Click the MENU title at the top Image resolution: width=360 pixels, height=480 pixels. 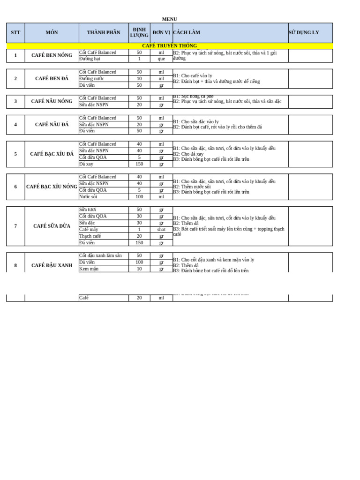(x=169, y=19)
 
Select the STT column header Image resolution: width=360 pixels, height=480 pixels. (x=15, y=33)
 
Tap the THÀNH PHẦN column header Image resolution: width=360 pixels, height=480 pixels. (x=104, y=33)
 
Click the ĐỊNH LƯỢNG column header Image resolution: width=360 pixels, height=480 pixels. (x=139, y=32)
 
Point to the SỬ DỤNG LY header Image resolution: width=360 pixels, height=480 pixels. (x=304, y=33)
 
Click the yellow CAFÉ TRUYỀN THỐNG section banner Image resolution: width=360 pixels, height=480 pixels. (x=169, y=46)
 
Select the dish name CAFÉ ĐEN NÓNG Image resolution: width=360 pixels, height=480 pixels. (x=52, y=55)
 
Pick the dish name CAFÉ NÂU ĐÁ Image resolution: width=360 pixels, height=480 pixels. (x=52, y=125)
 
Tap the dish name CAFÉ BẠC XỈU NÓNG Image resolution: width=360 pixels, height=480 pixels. (x=52, y=187)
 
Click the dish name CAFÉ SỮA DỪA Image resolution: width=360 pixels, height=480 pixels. (x=52, y=226)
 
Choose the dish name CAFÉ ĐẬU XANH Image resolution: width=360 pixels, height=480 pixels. (x=52, y=265)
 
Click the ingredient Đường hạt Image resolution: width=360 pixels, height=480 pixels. (x=90, y=59)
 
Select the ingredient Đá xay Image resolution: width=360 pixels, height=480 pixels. (x=86, y=164)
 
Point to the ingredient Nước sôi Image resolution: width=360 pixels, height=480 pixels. (x=88, y=197)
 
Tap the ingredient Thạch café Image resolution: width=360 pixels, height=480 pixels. (x=90, y=236)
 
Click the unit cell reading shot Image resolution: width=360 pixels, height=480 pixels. (x=161, y=230)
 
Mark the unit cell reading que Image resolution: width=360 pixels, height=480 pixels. (x=161, y=59)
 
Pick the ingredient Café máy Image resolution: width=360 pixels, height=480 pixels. (x=89, y=230)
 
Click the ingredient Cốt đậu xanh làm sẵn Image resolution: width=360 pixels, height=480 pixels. (x=100, y=256)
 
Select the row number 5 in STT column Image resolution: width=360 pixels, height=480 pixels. (x=15, y=154)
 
